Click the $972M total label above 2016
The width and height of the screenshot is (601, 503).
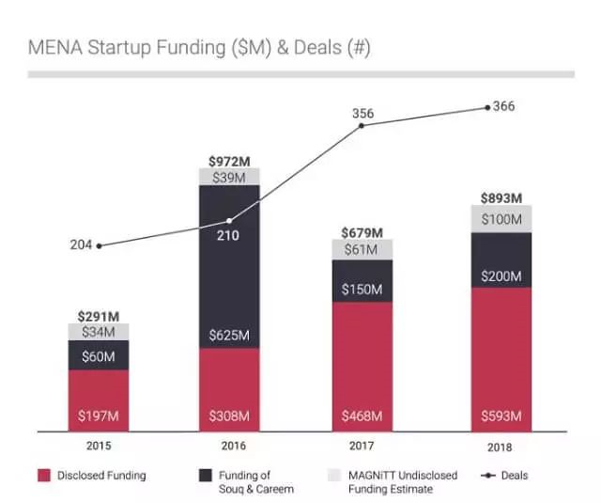(229, 161)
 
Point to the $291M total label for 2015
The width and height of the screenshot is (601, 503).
(99, 317)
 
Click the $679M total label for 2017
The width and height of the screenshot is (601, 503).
(362, 232)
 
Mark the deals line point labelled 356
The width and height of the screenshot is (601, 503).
(362, 125)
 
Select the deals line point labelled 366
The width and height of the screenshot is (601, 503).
(487, 107)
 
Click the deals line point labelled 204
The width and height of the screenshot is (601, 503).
(99, 245)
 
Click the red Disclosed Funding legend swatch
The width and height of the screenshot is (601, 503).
(44, 476)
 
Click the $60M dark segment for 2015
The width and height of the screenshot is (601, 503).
(99, 354)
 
